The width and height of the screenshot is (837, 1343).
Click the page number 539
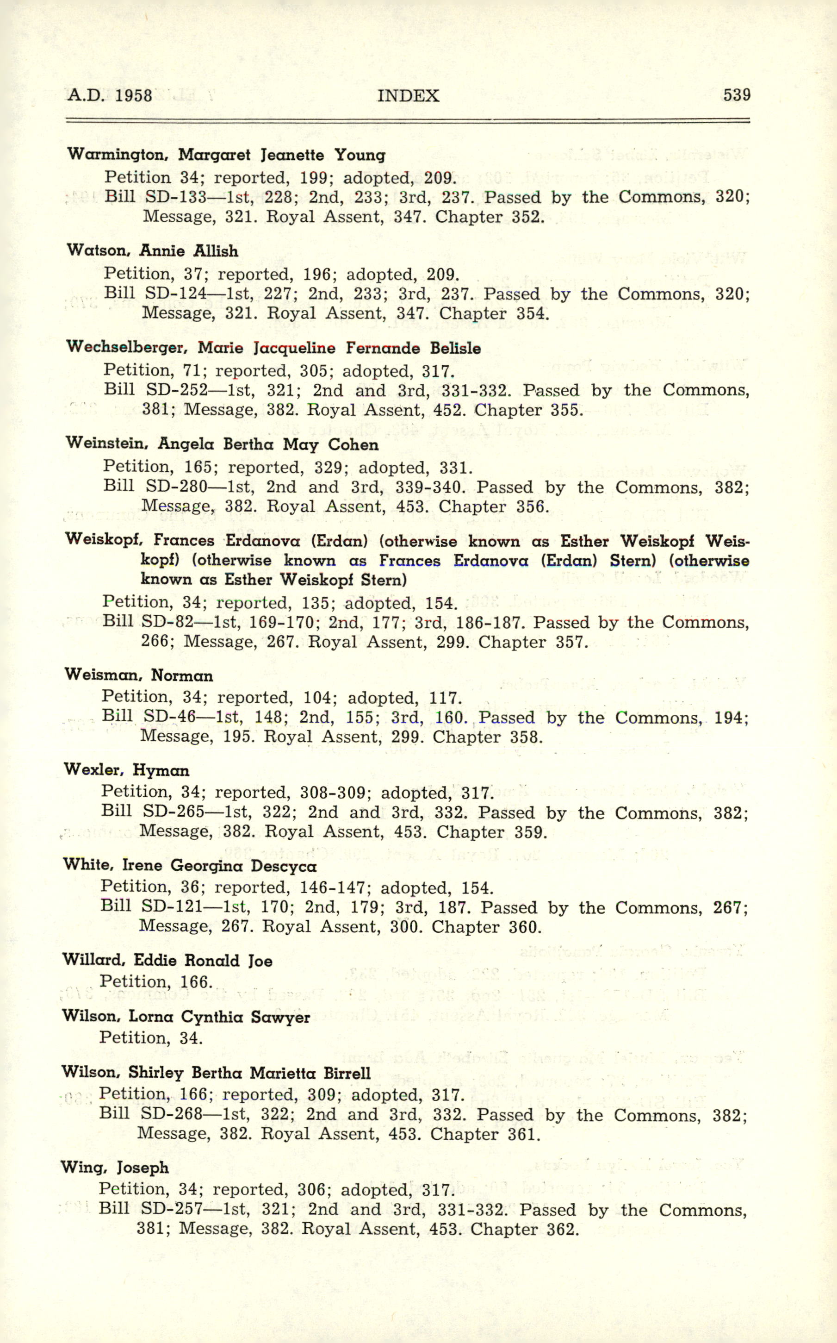tap(736, 95)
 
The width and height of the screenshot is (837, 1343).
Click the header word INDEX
tap(408, 96)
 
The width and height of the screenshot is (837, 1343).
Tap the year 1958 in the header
tap(133, 95)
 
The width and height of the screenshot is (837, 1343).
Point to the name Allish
tap(216, 251)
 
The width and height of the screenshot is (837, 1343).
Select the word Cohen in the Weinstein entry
tap(353, 445)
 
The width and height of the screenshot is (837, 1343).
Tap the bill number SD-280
tap(176, 487)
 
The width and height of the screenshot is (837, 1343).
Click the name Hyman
tap(161, 770)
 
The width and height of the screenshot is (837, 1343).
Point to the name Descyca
tap(284, 866)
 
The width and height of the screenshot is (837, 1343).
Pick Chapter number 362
tap(562, 1230)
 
